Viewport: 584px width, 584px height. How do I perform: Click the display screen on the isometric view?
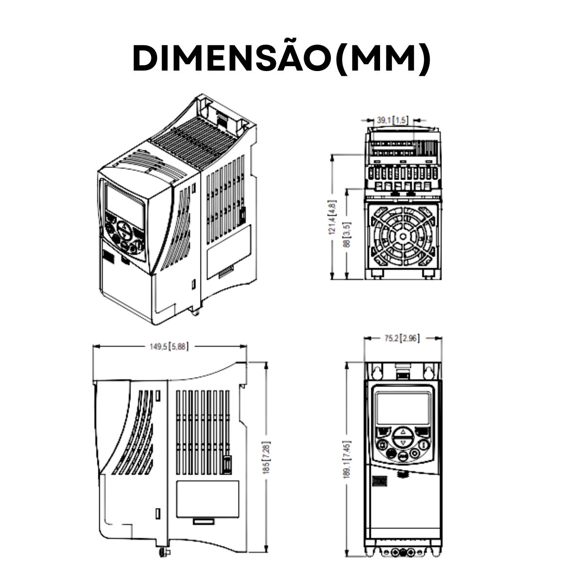tap(125, 204)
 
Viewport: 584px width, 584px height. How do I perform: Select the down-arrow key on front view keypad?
tap(402, 443)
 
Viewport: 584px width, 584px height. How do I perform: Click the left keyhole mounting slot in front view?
tap(377, 373)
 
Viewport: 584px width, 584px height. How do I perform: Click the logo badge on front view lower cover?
tap(378, 481)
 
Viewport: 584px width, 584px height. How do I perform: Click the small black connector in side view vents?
tap(227, 464)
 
